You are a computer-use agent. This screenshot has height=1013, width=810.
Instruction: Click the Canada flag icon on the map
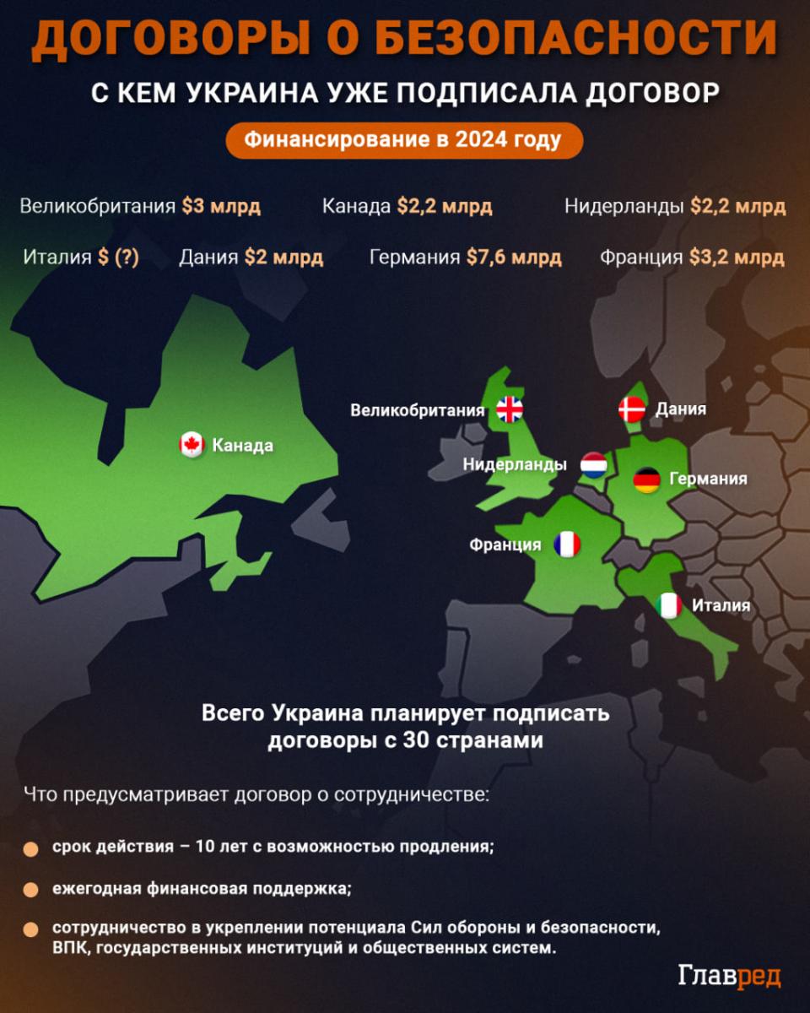tap(192, 445)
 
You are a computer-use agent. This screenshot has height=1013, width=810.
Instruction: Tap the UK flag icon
tap(510, 410)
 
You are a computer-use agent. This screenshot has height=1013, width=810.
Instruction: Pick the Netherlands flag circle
tap(594, 465)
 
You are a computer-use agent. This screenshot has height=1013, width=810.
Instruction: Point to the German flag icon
tap(646, 480)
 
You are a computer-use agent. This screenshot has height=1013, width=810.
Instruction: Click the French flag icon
tap(567, 544)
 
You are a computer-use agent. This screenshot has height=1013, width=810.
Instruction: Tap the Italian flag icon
tap(669, 605)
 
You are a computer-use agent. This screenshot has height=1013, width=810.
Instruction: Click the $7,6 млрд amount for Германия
tap(514, 257)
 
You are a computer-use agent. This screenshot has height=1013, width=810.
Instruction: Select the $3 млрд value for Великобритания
tap(221, 206)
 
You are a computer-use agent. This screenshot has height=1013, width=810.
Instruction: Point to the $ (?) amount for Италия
tap(118, 257)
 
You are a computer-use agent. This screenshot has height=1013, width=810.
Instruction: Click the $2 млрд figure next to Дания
tap(283, 257)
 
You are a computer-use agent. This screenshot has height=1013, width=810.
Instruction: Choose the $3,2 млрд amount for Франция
tap(737, 257)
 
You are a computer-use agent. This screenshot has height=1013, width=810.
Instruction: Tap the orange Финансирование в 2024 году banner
tap(403, 140)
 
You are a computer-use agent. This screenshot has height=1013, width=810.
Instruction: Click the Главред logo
tap(729, 976)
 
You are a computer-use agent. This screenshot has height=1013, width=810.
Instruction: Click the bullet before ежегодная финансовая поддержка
tap(31, 890)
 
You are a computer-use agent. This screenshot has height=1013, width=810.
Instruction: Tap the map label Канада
tap(242, 446)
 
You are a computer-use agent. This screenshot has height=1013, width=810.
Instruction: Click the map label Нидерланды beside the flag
tap(515, 465)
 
